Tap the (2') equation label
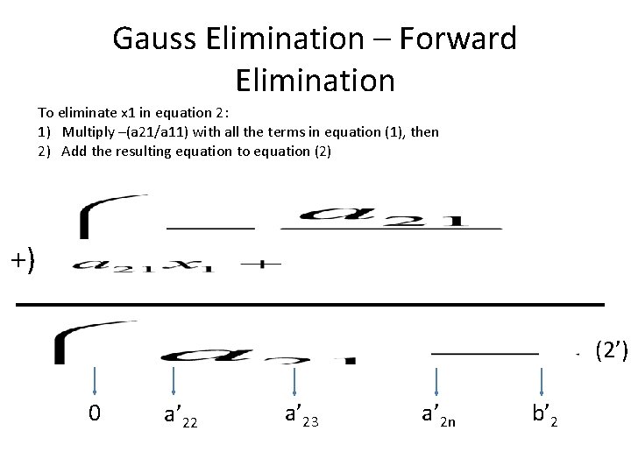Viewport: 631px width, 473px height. click(611, 351)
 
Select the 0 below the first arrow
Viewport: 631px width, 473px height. click(95, 412)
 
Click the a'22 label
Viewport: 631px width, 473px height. click(181, 414)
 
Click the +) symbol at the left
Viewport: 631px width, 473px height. click(24, 261)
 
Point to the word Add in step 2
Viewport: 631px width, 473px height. click(74, 150)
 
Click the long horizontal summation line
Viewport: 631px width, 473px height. click(311, 303)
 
